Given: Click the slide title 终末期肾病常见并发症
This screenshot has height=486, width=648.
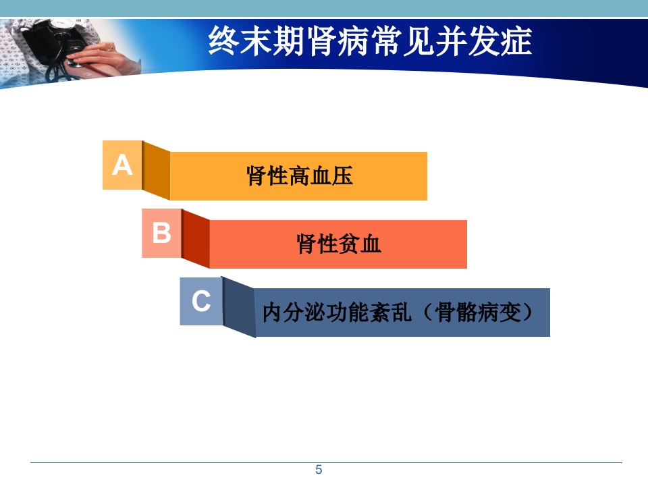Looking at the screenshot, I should pyautogui.click(x=370, y=42).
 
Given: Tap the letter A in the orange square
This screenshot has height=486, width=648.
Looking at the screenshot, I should pyautogui.click(x=122, y=165).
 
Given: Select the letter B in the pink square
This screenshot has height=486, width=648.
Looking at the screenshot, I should pyautogui.click(x=161, y=233).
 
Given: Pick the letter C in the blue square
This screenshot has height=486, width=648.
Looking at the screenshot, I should pyautogui.click(x=201, y=301).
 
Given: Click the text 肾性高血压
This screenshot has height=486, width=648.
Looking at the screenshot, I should pyautogui.click(x=299, y=176).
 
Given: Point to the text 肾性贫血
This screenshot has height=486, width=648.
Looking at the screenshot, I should pyautogui.click(x=339, y=244).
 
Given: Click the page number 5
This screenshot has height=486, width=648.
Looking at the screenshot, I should pyautogui.click(x=319, y=470).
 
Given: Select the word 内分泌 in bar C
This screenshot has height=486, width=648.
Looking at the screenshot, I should pyautogui.click(x=290, y=313).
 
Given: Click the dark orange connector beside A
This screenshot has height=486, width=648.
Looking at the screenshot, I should pyautogui.click(x=157, y=171).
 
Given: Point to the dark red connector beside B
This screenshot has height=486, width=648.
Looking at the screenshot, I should pyautogui.click(x=196, y=240).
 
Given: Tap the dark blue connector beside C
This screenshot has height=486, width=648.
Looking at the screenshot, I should pyautogui.click(x=239, y=308).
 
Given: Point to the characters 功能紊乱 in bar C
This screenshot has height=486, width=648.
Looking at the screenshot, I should pyautogui.click(x=364, y=313).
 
